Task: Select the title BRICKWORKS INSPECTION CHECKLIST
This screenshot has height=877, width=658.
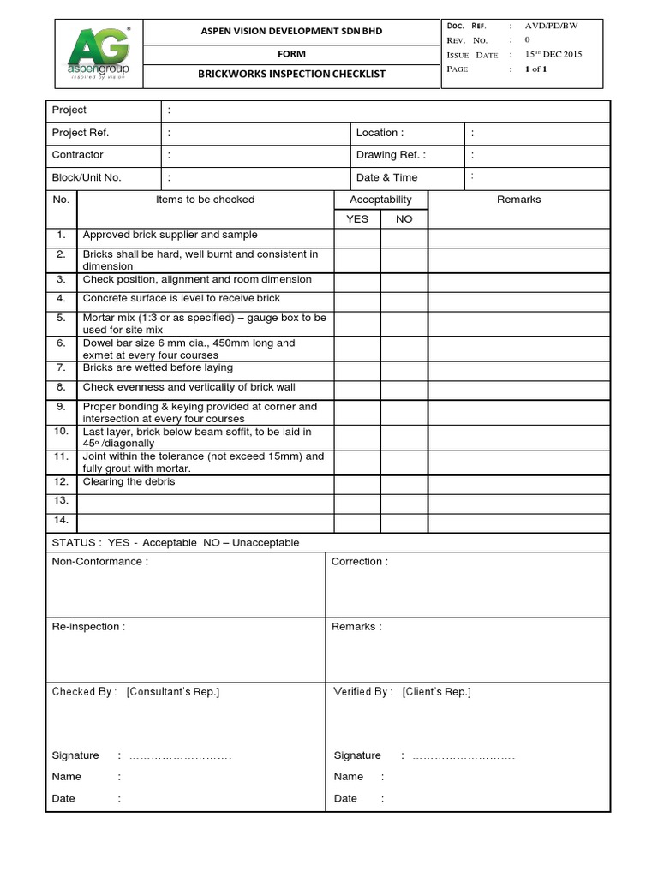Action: pos(291,74)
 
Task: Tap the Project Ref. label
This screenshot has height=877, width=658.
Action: pos(81,133)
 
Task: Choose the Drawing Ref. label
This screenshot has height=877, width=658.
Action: pos(391,155)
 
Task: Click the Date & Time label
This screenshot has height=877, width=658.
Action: pos(386,177)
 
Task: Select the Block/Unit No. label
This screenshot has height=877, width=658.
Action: pos(87,177)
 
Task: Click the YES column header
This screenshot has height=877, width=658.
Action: pos(356,219)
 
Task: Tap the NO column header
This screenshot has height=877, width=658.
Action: pos(404,219)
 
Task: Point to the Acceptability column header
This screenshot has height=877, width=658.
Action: pos(380,200)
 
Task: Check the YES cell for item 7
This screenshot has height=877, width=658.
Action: pos(356,368)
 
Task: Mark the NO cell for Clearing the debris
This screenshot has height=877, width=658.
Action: pos(404,482)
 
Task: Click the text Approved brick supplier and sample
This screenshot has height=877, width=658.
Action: pos(170,235)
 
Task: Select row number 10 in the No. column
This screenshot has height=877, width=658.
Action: pos(61,432)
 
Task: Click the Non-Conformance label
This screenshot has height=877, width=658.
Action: pos(99,562)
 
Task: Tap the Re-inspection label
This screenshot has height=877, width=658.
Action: pos(88,627)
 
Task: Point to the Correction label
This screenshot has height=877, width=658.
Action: pos(359,562)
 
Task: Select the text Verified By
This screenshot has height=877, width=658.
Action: pos(362,692)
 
